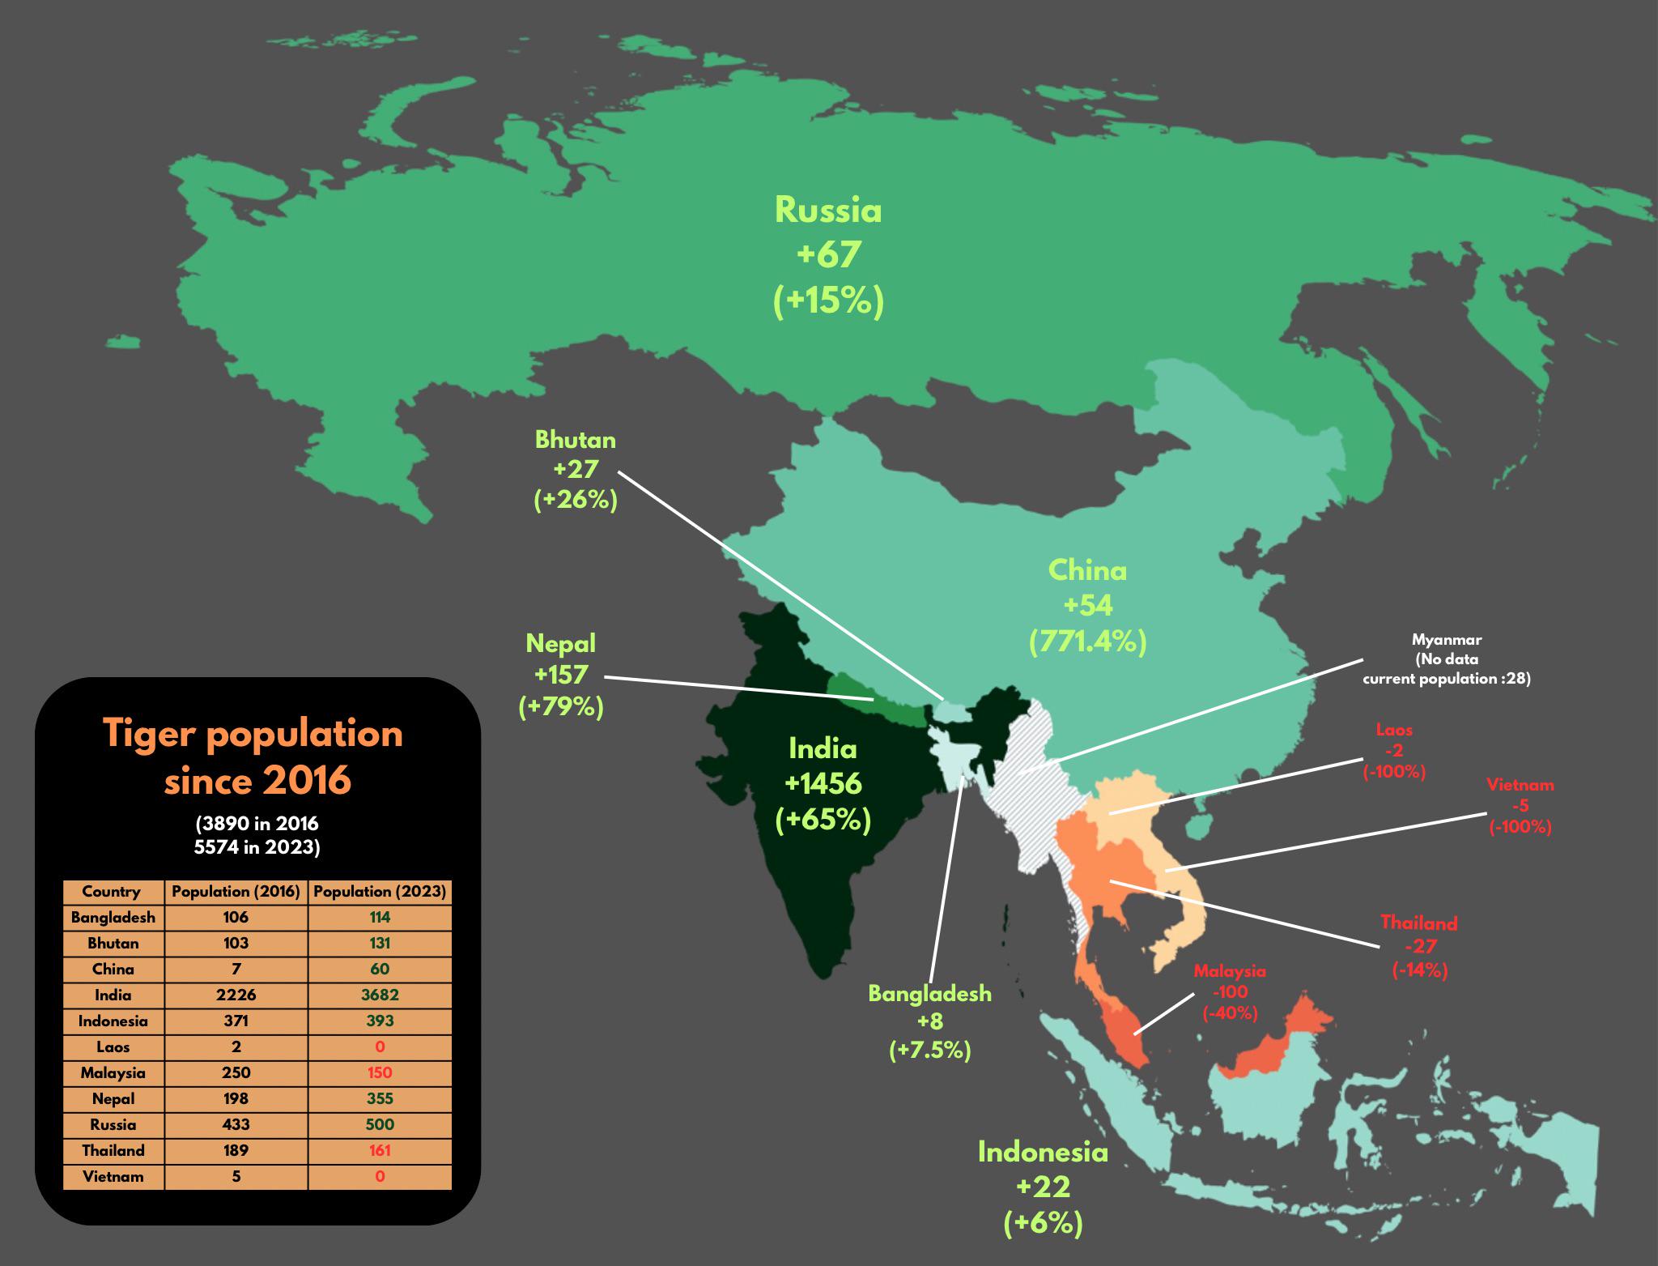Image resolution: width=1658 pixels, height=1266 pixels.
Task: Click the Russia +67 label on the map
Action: [827, 255]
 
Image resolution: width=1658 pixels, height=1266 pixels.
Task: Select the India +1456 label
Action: [823, 784]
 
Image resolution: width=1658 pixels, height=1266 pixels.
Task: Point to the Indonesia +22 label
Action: [1043, 1187]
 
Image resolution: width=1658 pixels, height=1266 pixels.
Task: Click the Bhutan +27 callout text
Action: [576, 471]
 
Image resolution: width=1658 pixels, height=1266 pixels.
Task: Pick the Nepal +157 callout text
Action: [561, 675]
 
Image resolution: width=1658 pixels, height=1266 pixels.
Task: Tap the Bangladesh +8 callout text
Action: [929, 1021]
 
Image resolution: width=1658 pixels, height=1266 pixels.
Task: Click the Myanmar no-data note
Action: [1446, 659]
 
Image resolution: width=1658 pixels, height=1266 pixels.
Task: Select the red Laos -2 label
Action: [1394, 750]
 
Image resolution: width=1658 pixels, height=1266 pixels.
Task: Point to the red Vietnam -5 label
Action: [1520, 806]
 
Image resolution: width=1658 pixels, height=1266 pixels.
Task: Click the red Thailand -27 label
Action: [1419, 945]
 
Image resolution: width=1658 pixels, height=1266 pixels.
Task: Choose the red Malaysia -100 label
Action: [1230, 991]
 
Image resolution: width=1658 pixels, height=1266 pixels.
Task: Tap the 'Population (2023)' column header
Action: [380, 892]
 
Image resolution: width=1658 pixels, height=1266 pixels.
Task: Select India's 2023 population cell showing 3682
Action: [380, 995]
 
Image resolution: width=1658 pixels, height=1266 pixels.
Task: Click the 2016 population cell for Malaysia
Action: [236, 1073]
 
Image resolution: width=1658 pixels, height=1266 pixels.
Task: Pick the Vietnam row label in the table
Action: [113, 1177]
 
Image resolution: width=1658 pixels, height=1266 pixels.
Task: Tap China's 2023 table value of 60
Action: [380, 970]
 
